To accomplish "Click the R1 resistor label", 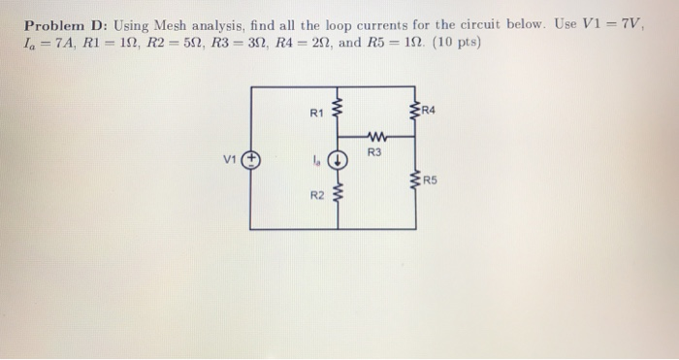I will click(x=315, y=114).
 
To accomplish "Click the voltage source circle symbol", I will click(x=251, y=159).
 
